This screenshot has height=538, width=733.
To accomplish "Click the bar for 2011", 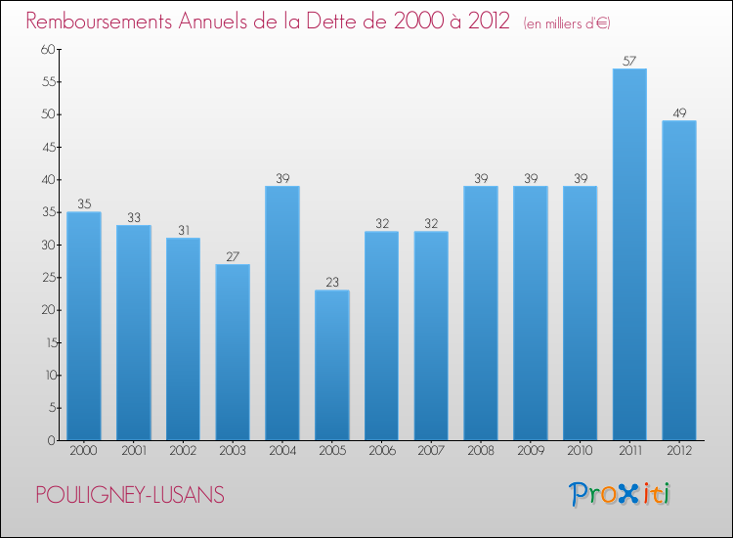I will pyautogui.click(x=629, y=254).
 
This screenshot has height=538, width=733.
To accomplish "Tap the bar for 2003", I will pyautogui.click(x=233, y=352).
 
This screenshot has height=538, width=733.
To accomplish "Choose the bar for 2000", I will pyautogui.click(x=84, y=326).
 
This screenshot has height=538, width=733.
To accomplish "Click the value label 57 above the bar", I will pyautogui.click(x=629, y=62).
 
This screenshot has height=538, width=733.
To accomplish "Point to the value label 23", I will pyautogui.click(x=332, y=283).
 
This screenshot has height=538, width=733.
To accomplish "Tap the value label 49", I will pyautogui.click(x=679, y=113).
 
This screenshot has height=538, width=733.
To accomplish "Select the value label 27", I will pyautogui.click(x=233, y=257).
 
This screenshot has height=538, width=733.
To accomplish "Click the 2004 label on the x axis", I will pyautogui.click(x=282, y=452).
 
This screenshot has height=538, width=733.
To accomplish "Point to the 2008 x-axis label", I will pyautogui.click(x=481, y=452).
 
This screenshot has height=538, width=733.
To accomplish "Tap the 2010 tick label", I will pyautogui.click(x=580, y=452).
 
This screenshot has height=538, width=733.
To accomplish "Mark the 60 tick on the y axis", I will pyautogui.click(x=45, y=50).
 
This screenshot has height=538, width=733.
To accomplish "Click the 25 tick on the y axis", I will pyautogui.click(x=45, y=278).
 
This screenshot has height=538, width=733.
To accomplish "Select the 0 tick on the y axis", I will pyautogui.click(x=49, y=440).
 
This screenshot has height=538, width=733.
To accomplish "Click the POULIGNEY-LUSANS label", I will pyautogui.click(x=129, y=496).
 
